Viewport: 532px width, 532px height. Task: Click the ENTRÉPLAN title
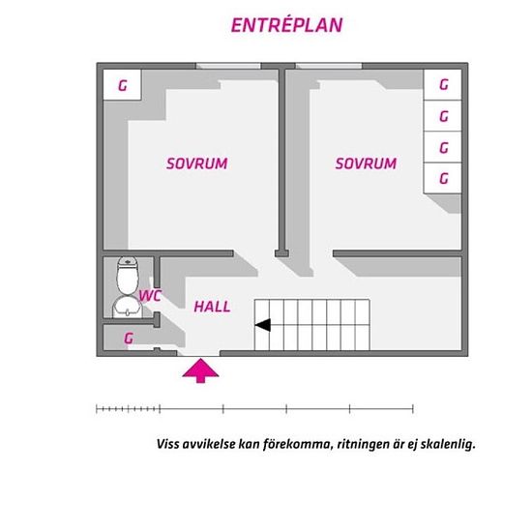coord(286,25)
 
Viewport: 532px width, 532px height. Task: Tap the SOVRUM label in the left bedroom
coord(196,163)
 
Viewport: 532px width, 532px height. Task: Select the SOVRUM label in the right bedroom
coord(366,163)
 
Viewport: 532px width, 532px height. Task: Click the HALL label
coord(212,307)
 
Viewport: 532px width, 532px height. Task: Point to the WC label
coord(150,296)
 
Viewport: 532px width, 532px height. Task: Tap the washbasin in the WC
coord(128,308)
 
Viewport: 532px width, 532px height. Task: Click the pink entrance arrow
coord(200,370)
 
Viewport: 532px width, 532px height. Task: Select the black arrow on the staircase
coord(262,325)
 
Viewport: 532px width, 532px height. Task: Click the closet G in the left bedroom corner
coord(122,85)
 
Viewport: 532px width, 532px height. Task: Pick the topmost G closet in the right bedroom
coord(443,85)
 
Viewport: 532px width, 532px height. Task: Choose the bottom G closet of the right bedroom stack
coord(443,178)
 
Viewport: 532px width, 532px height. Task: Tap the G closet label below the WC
coord(129,339)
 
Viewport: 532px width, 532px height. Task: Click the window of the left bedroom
coord(228,66)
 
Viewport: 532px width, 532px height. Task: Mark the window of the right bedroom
coord(329,66)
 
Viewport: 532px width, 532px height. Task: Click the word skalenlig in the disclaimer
coord(448,445)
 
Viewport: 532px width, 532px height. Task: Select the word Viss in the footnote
coord(168,444)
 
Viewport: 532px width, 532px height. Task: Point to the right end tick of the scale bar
coord(413,409)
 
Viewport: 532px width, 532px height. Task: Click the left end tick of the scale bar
coord(97,409)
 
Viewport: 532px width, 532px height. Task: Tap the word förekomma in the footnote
coord(297,444)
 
